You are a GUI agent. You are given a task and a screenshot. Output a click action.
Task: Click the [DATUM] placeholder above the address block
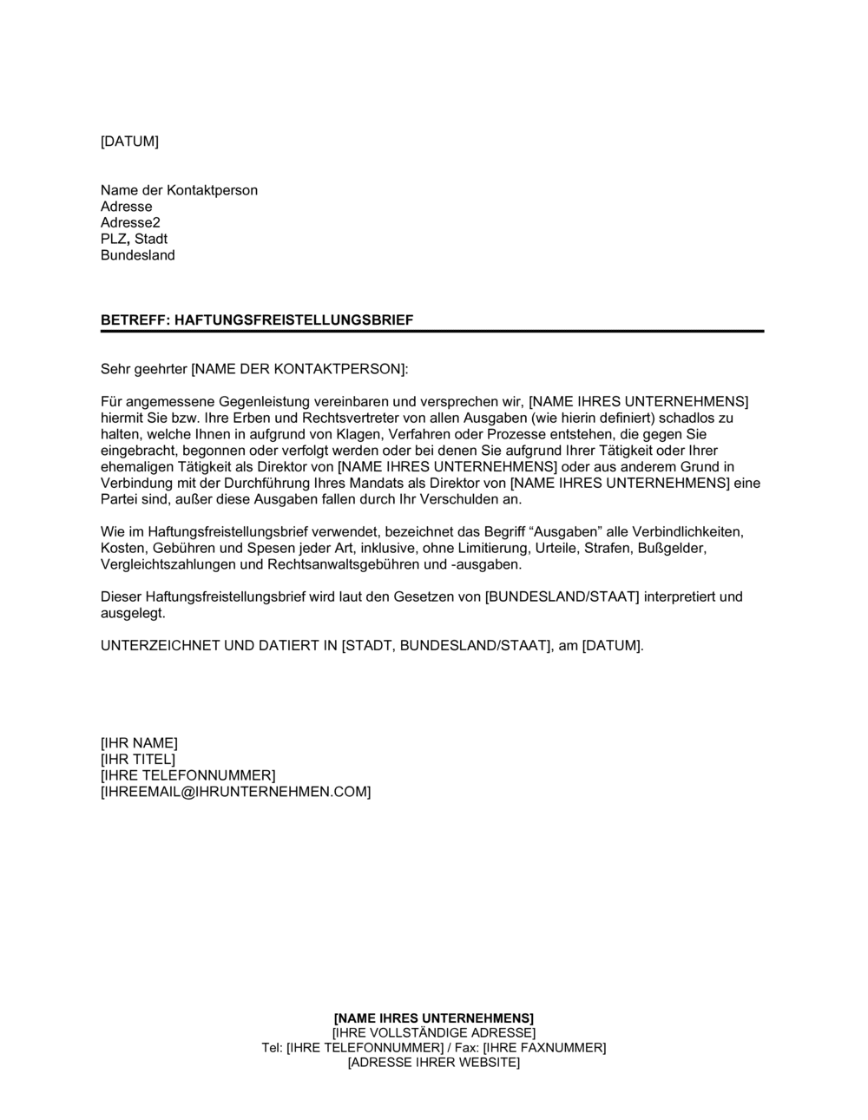coord(129,142)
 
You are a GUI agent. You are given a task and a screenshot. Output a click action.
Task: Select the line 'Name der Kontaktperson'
coord(179,190)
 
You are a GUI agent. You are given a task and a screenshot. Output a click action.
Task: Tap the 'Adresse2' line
coord(130,223)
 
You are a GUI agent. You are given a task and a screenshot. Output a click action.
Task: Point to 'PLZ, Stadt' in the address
coord(134,239)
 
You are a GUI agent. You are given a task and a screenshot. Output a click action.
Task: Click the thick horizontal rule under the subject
coord(432,331)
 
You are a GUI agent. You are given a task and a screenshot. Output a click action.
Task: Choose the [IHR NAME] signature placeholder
coord(139,742)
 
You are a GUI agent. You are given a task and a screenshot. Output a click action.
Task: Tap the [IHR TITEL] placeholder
coord(138,759)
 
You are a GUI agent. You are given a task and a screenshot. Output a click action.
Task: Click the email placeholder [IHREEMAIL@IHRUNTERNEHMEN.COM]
coord(235,792)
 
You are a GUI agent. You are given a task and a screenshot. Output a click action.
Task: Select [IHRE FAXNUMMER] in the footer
coord(545,1048)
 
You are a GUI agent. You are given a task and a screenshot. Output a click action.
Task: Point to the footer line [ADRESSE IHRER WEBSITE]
coord(433,1064)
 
